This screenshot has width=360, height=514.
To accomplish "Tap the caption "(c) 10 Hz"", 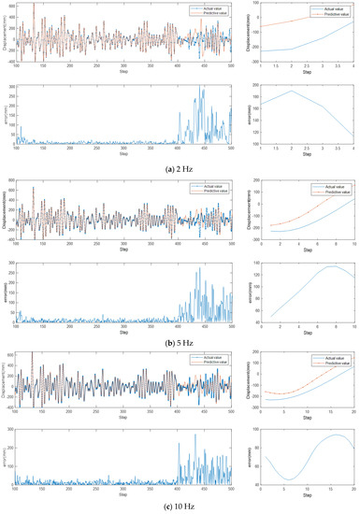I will coord(180,507).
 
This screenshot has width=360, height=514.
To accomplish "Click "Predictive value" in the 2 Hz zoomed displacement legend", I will coord(333,17).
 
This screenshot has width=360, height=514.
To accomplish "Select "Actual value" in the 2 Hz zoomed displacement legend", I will coord(331,11).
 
